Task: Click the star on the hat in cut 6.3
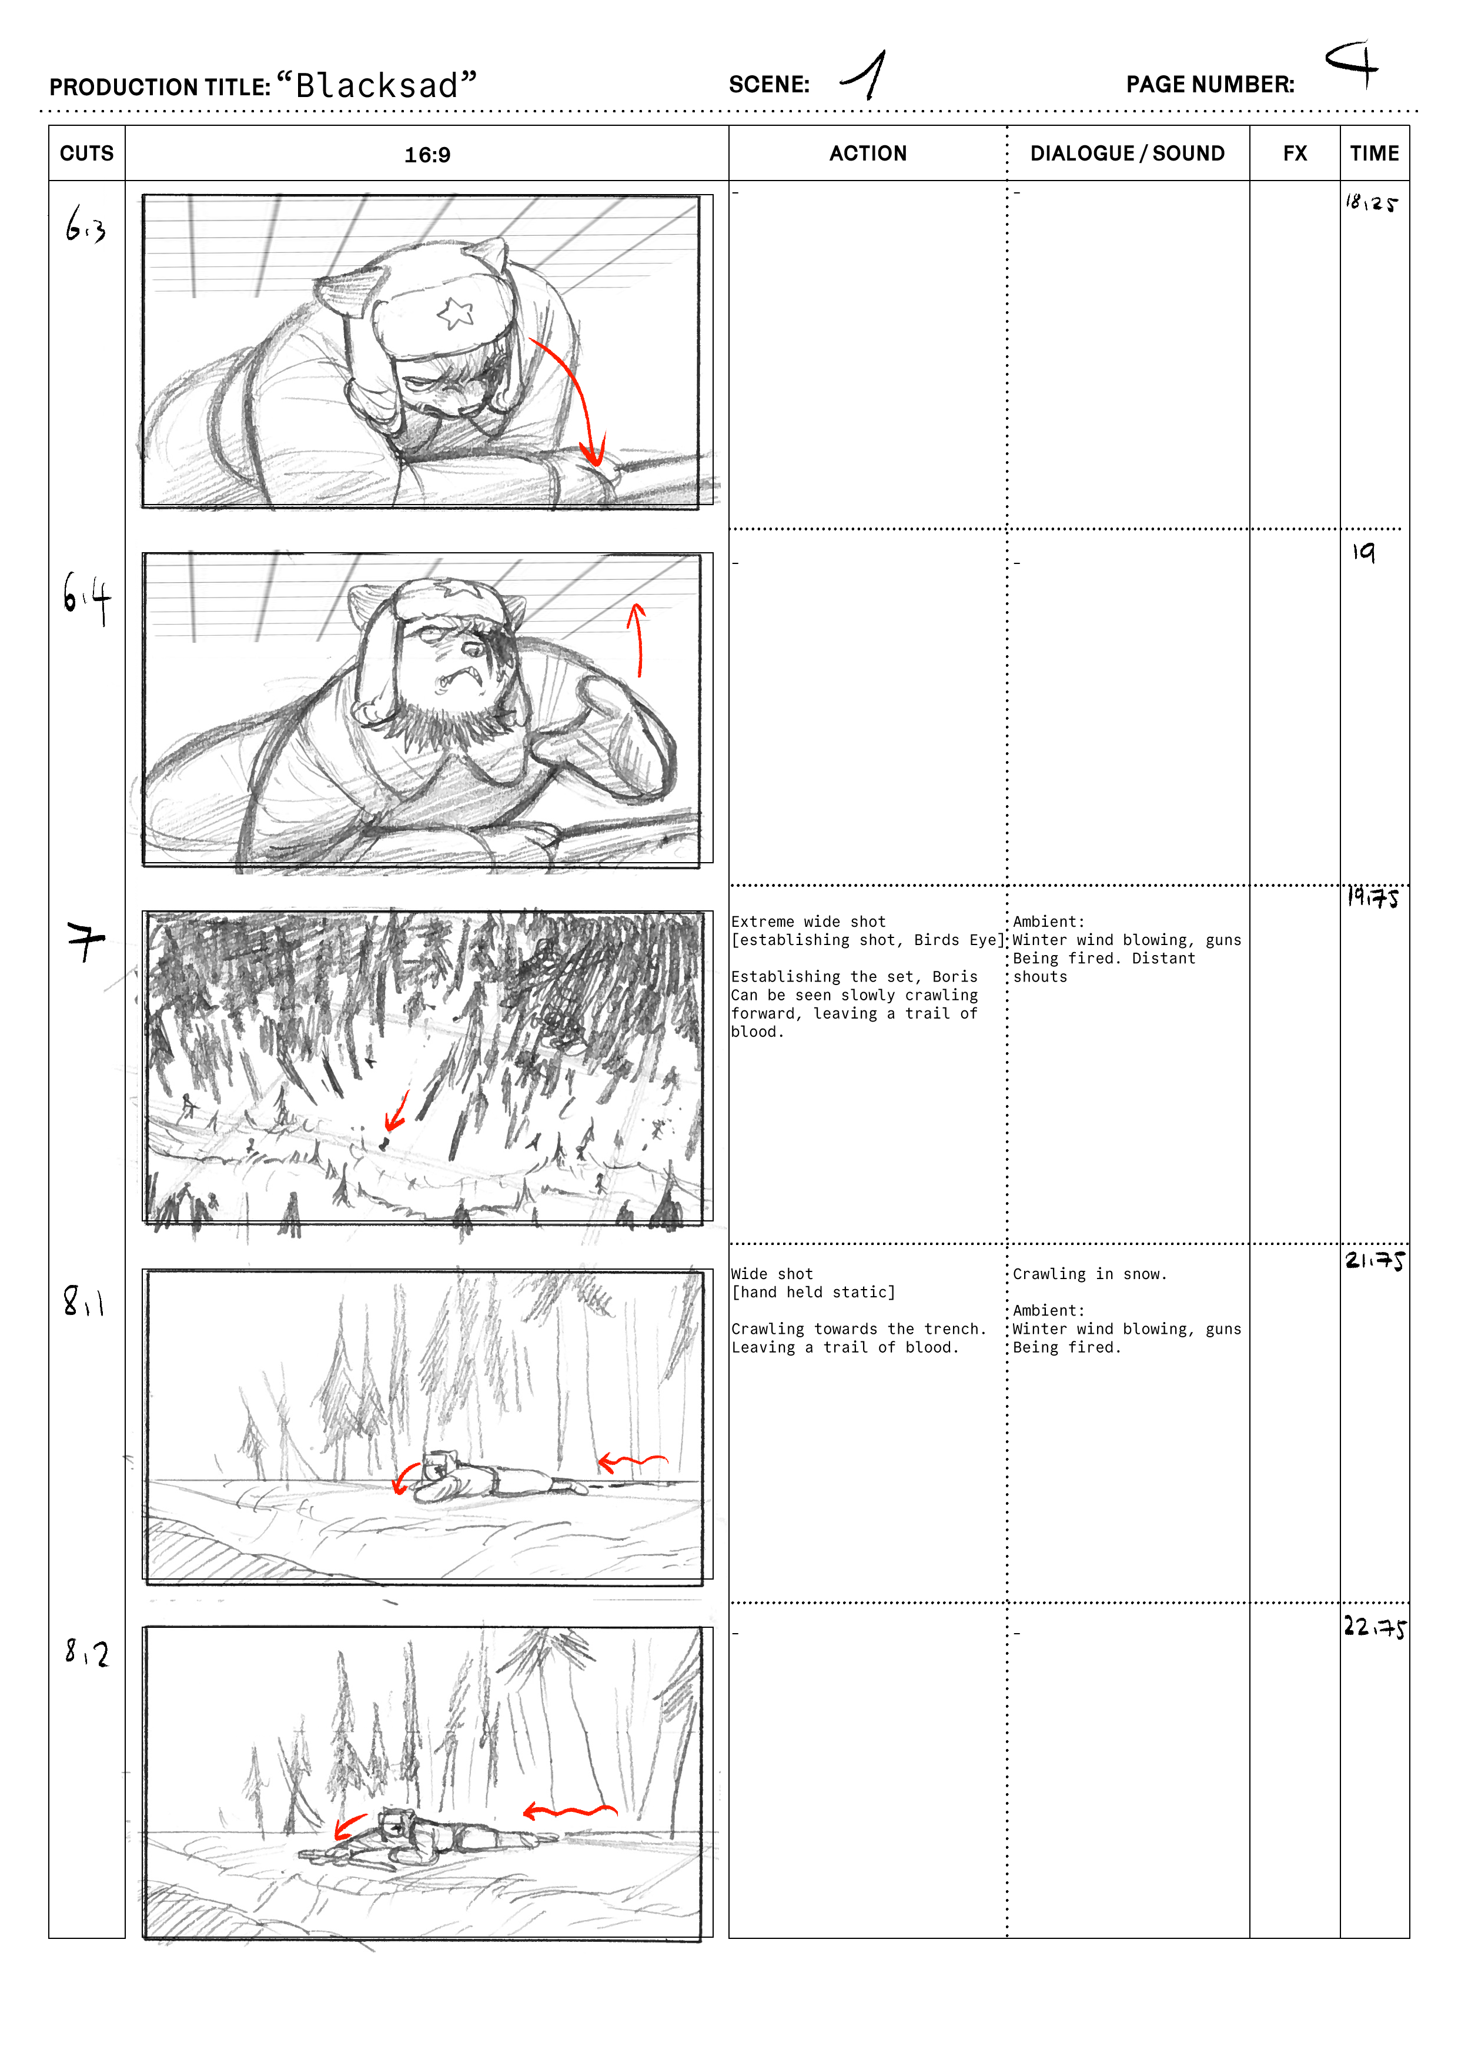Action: (456, 313)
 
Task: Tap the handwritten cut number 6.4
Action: (86, 599)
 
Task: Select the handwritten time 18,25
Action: (1371, 203)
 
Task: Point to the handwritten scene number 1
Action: (865, 75)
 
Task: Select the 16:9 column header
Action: (427, 155)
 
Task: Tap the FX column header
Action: (1295, 153)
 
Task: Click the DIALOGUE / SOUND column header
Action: (1128, 153)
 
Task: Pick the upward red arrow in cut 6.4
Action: (638, 640)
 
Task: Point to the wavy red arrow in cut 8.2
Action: (570, 1811)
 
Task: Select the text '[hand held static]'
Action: (813, 1292)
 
